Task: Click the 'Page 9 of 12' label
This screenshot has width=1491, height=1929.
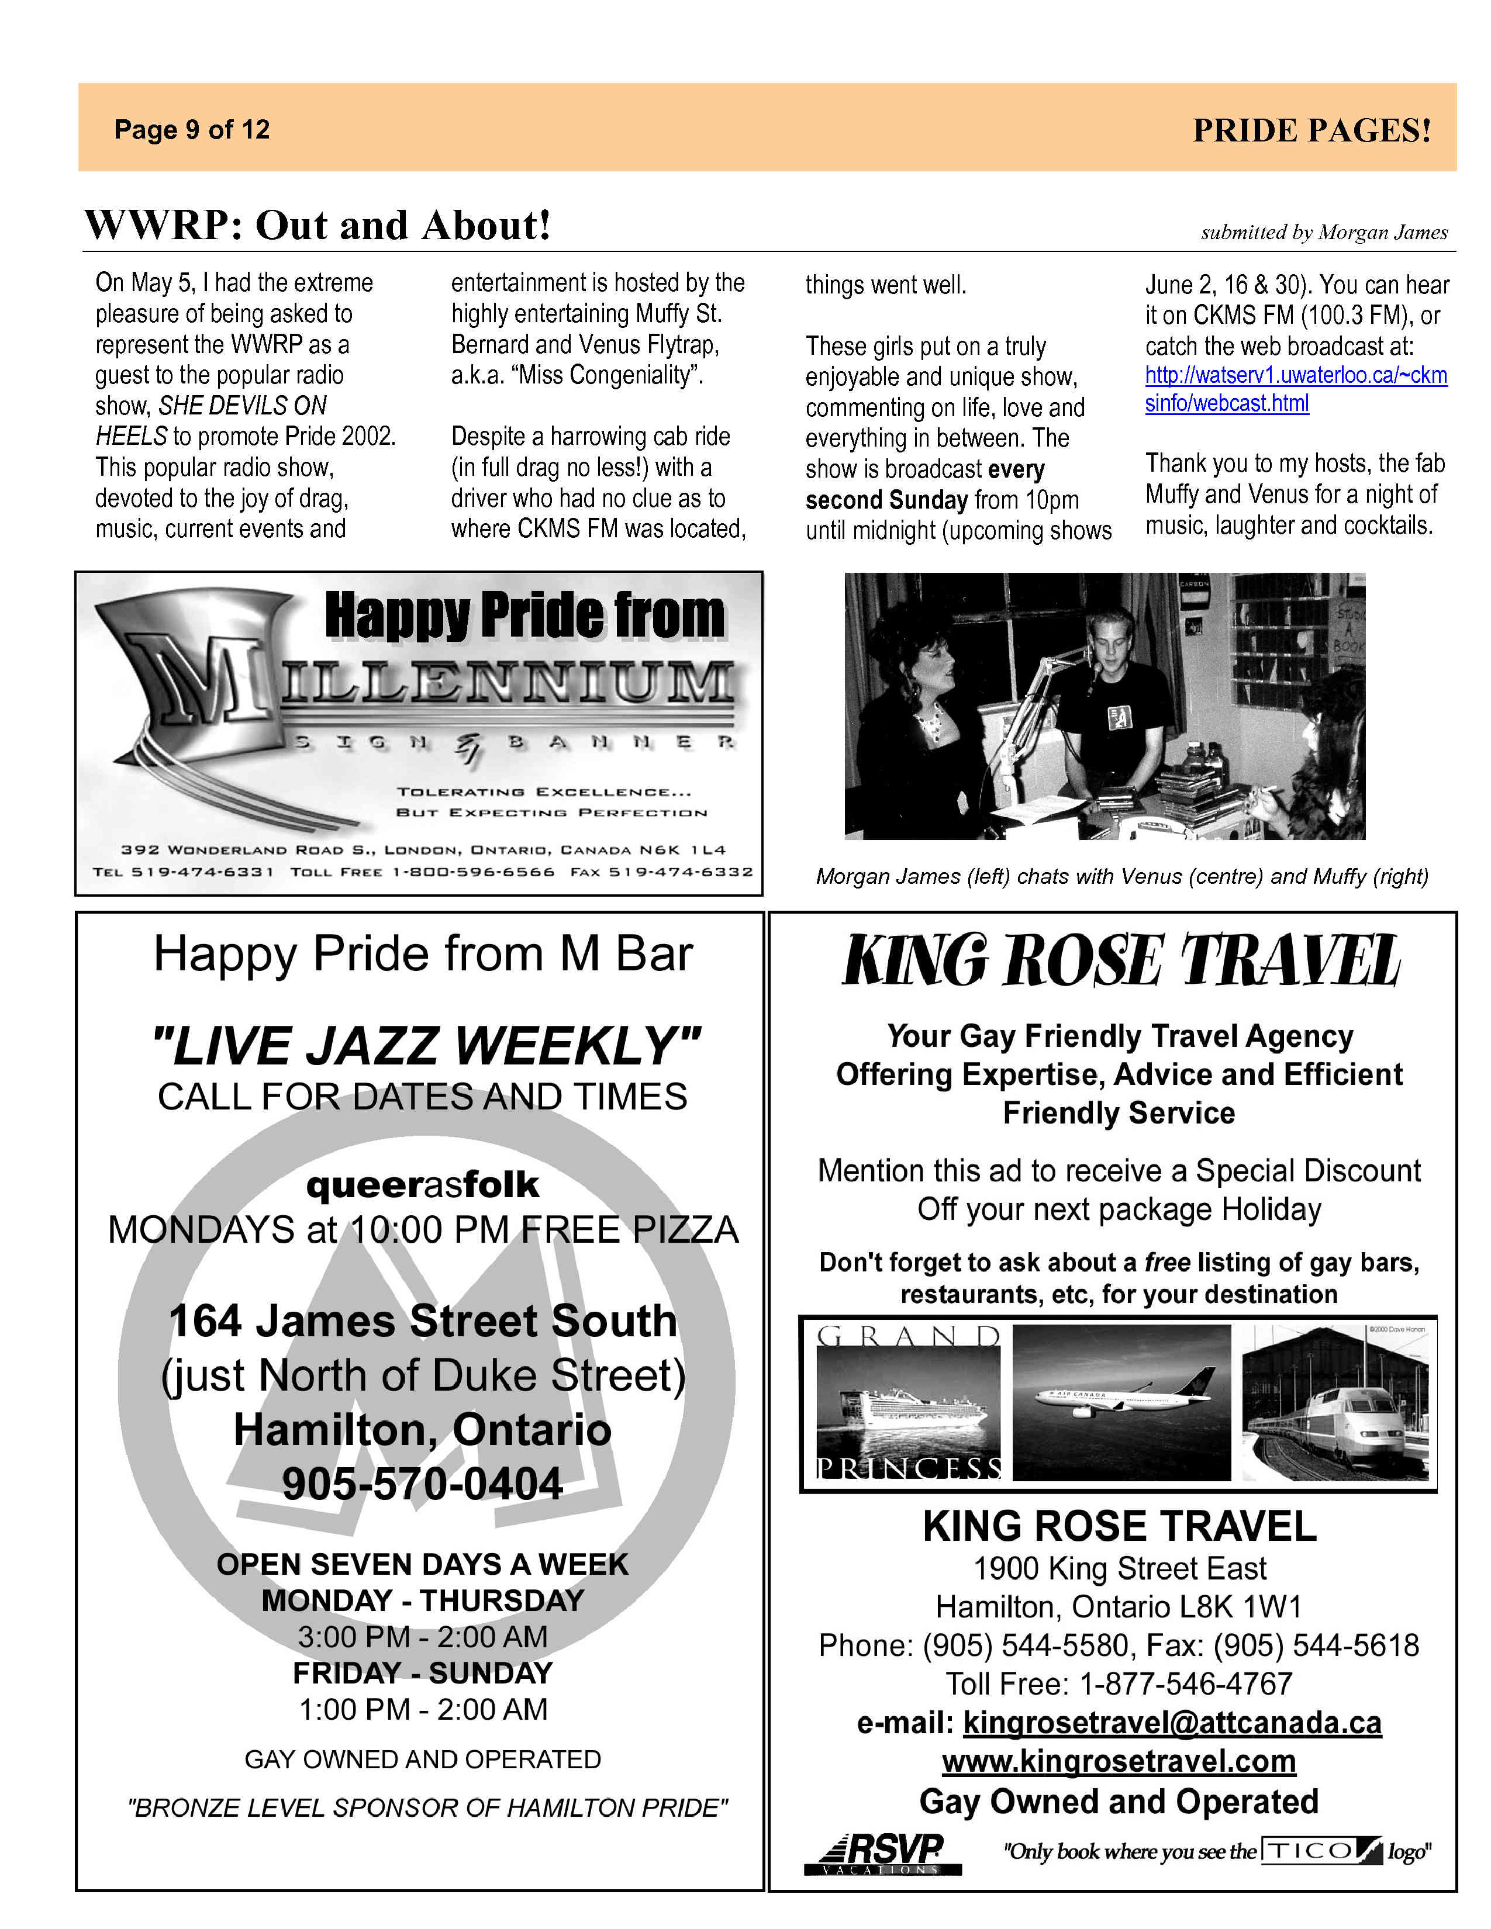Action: point(192,130)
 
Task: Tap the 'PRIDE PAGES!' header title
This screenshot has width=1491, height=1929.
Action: point(1311,131)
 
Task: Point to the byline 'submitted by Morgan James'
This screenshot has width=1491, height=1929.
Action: point(1323,232)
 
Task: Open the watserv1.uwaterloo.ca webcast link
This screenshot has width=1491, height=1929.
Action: point(1295,389)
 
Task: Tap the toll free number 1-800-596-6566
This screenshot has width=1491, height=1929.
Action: point(474,872)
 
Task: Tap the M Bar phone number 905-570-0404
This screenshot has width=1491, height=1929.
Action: point(422,1484)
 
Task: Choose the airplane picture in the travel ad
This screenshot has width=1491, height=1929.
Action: point(1120,1402)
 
